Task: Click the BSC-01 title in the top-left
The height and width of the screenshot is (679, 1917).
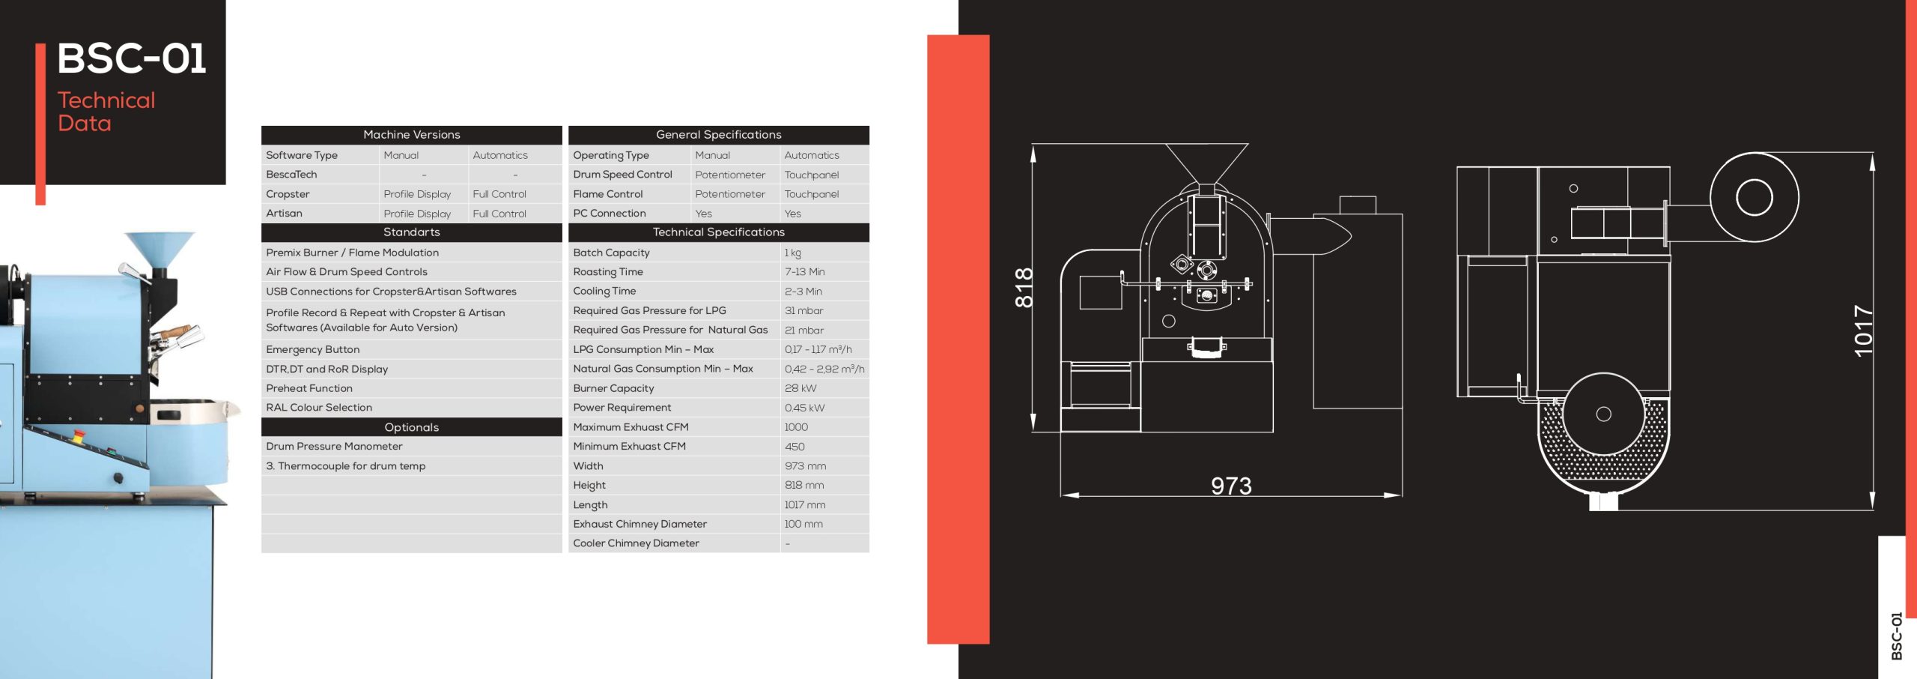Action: click(x=131, y=58)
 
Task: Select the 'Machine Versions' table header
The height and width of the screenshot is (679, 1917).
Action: click(x=411, y=135)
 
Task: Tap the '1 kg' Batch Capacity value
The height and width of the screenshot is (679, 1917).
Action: click(x=792, y=253)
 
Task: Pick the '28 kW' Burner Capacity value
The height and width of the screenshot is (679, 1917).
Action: click(x=800, y=388)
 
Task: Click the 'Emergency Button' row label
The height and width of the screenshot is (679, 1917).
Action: click(x=312, y=350)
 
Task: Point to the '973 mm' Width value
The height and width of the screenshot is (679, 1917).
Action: click(x=805, y=466)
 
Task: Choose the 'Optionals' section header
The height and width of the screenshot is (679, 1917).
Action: click(x=411, y=427)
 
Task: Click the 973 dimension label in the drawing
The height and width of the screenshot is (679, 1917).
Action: click(x=1231, y=486)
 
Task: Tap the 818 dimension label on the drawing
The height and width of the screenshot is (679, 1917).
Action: click(x=1024, y=288)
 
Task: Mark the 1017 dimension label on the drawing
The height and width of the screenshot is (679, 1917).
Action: click(x=1863, y=331)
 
